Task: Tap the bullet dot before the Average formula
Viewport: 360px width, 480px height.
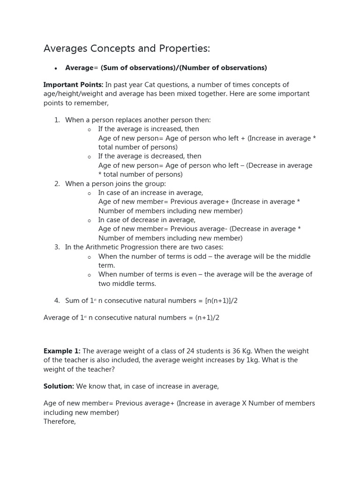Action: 55,68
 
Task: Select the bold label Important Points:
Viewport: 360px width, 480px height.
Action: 73,85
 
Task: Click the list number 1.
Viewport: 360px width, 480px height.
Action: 57,120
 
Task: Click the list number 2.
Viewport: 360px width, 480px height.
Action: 57,184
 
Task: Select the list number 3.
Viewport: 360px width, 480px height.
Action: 57,247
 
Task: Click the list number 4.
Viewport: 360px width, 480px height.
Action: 57,301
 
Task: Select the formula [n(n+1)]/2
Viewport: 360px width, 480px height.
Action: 221,301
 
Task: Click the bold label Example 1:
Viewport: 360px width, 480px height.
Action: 62,351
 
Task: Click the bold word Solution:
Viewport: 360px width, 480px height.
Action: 59,386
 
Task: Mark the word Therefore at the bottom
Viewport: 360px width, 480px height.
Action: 59,421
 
